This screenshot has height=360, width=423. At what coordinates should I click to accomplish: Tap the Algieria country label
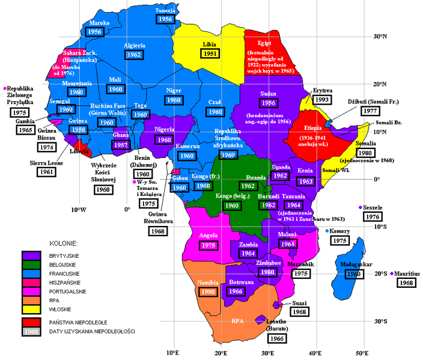point(133,45)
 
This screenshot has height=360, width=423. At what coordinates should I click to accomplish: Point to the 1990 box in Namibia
point(208,291)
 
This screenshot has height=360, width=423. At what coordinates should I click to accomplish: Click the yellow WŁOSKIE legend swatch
point(29,309)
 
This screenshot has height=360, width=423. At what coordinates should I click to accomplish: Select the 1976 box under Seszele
point(373,216)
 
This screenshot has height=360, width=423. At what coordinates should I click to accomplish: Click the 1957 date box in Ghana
point(121,145)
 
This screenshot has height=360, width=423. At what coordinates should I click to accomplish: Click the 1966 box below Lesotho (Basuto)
point(276,338)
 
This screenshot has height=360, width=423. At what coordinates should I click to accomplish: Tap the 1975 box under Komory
point(341,240)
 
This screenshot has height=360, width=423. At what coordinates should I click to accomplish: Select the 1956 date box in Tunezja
point(165,19)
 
